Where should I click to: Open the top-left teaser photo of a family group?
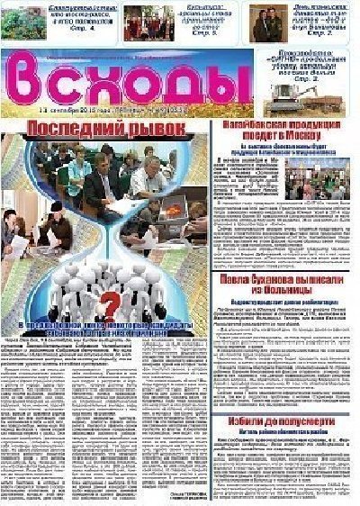click(x=22, y=22)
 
